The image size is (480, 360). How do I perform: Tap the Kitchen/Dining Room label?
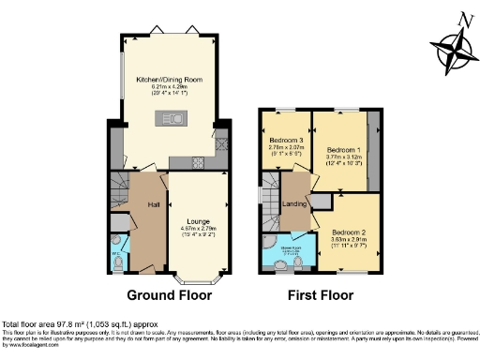pyautogui.click(x=168, y=79)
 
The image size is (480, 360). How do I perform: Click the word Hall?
pyautogui.click(x=152, y=204)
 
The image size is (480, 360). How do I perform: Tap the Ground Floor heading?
pyautogui.click(x=169, y=294)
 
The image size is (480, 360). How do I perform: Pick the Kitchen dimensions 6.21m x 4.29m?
pyautogui.click(x=168, y=87)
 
